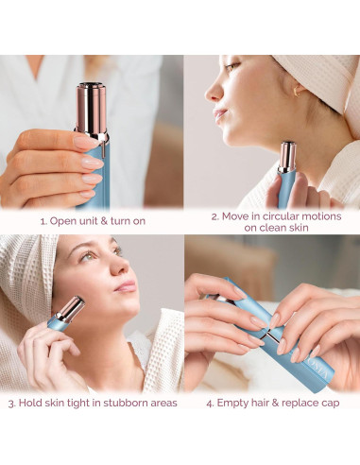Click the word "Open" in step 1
[61, 221]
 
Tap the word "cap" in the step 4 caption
[331, 404]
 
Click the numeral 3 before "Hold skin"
[11, 404]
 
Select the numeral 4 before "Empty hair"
[210, 404]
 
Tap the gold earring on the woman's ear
[297, 91]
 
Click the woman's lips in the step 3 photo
[127, 286]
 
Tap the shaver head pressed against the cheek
[72, 309]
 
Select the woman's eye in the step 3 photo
[88, 256]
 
